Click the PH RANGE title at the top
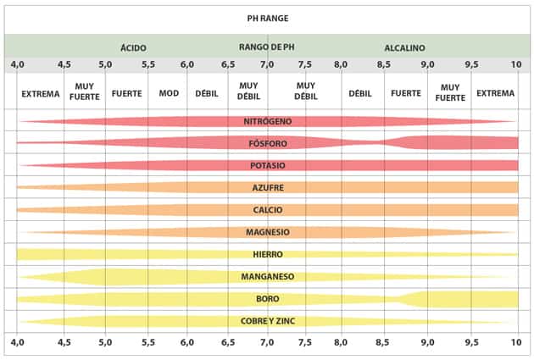(267, 17)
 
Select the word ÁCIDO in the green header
(133, 48)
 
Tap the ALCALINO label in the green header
(404, 48)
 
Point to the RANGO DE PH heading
(267, 47)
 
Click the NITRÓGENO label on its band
(267, 121)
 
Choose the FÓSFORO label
(267, 143)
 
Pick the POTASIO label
(267, 165)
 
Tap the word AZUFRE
(267, 187)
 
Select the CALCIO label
(267, 209)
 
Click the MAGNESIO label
(267, 231)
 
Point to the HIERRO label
(267, 253)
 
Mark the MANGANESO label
(267, 276)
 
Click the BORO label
(267, 298)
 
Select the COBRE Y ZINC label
(267, 320)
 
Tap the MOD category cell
(169, 92)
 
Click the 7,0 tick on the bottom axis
(267, 342)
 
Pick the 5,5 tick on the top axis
(147, 64)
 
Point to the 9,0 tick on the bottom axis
(426, 342)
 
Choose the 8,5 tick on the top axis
(383, 64)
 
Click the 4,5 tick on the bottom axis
(64, 342)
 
